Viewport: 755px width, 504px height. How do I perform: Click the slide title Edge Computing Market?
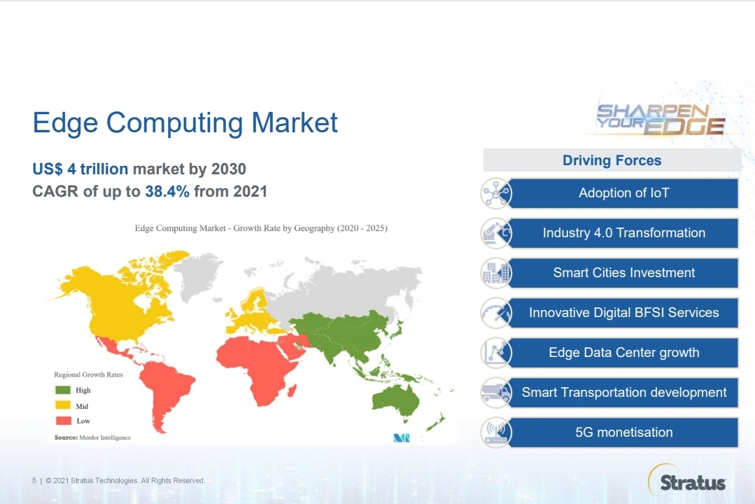pyautogui.click(x=185, y=123)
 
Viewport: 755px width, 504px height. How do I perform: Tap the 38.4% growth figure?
pyautogui.click(x=167, y=191)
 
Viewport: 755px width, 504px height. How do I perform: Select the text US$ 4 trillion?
pyautogui.click(x=80, y=169)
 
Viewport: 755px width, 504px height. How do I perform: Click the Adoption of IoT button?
pyautogui.click(x=623, y=193)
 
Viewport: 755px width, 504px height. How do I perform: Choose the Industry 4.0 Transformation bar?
pyautogui.click(x=623, y=233)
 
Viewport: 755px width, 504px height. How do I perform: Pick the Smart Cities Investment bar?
pyautogui.click(x=623, y=273)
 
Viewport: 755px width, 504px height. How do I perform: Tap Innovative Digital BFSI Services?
pyautogui.click(x=623, y=313)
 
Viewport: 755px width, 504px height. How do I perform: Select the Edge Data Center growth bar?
pyautogui.click(x=623, y=353)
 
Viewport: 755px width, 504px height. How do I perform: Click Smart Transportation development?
pyautogui.click(x=623, y=393)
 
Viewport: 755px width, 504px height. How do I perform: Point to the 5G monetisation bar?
pyautogui.click(x=623, y=433)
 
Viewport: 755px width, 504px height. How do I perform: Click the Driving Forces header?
pyautogui.click(x=612, y=160)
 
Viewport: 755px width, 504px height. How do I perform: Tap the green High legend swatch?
pyautogui.click(x=63, y=391)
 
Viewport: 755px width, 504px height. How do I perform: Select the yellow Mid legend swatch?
pyautogui.click(x=63, y=406)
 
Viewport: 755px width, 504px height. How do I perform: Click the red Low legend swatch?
pyautogui.click(x=63, y=421)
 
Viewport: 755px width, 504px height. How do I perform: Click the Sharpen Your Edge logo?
pyautogui.click(x=660, y=119)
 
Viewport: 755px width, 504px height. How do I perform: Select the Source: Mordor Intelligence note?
pyautogui.click(x=92, y=437)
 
